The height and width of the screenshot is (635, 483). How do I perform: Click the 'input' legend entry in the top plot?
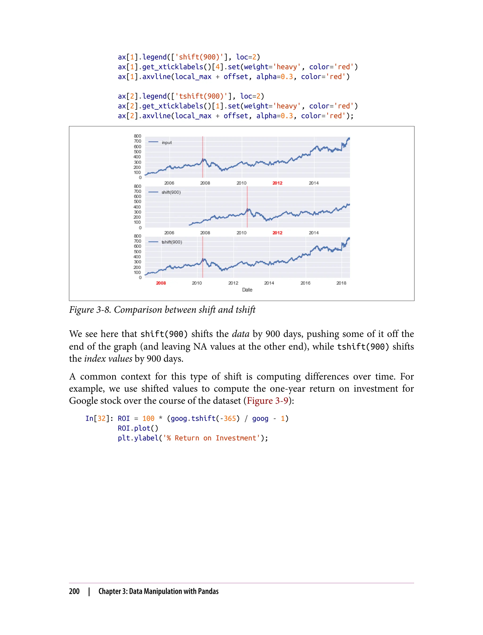(167, 142)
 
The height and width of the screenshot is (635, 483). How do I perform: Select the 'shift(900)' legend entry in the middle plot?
(171, 192)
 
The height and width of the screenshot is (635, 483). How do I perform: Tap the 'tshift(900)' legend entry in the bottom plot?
(171, 242)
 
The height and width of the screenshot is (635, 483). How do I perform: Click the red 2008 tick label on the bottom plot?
(161, 283)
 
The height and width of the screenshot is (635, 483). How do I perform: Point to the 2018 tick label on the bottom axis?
(341, 283)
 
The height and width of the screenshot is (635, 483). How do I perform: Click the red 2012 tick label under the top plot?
(277, 183)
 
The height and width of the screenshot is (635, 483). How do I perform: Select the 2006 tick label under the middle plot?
(169, 233)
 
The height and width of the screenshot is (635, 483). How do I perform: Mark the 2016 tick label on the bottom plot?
(305, 283)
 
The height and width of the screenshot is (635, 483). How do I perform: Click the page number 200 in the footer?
(74, 592)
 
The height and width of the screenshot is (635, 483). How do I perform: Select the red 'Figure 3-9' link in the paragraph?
(267, 401)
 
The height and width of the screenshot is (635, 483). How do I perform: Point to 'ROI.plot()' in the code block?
(138, 428)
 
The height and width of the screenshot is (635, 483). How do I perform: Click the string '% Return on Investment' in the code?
(216, 438)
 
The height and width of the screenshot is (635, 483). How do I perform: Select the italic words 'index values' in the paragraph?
(108, 359)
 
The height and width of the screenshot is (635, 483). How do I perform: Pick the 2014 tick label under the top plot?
(314, 183)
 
